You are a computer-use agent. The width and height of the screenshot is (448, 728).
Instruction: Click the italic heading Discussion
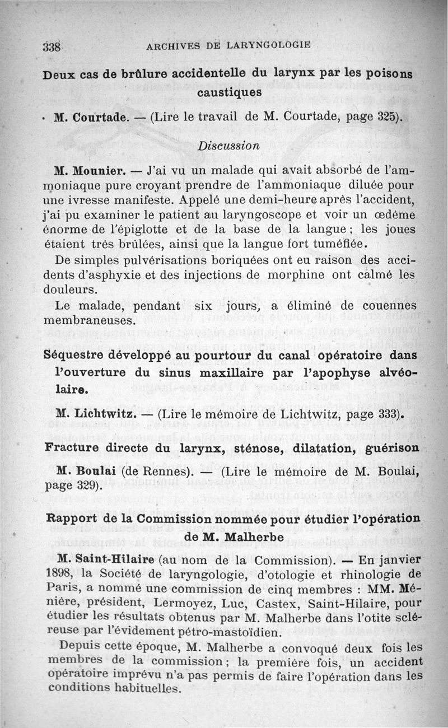(228, 145)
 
